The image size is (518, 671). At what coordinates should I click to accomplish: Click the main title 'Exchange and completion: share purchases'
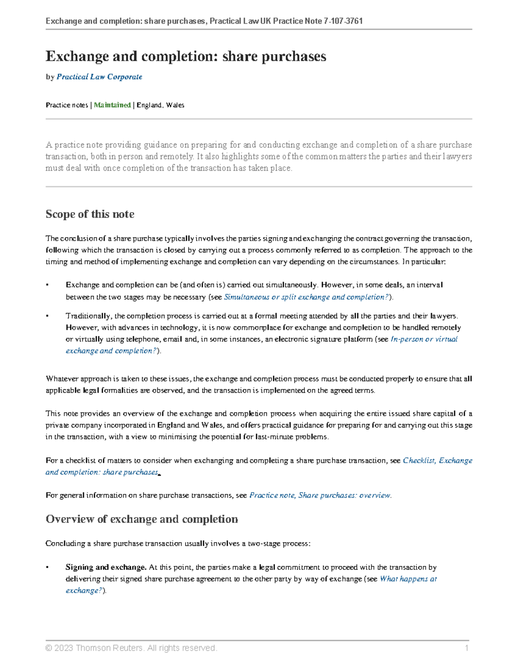tap(186, 57)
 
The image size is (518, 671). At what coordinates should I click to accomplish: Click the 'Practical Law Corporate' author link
tap(99, 77)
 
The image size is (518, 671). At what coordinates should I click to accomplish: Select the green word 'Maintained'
tap(112, 105)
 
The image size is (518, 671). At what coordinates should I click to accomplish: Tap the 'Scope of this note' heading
tap(90, 214)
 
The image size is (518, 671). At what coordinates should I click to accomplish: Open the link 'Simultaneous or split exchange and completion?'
tap(306, 297)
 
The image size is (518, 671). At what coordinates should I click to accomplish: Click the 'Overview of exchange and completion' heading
tap(142, 519)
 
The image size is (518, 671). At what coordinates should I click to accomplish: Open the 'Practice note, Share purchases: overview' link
tap(320, 495)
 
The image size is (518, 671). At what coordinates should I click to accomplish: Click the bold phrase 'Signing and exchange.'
tap(106, 567)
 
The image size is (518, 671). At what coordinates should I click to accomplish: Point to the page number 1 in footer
tap(467, 648)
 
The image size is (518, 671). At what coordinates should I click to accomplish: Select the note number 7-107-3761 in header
tap(343, 21)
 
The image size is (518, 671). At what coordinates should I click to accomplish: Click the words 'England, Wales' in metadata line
tap(160, 105)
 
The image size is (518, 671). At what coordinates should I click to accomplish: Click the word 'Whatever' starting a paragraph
tap(62, 378)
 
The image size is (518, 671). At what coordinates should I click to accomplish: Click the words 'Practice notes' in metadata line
tap(66, 105)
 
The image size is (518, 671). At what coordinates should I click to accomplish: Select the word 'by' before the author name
tap(50, 77)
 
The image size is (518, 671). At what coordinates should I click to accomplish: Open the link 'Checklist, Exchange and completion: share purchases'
tap(437, 460)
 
